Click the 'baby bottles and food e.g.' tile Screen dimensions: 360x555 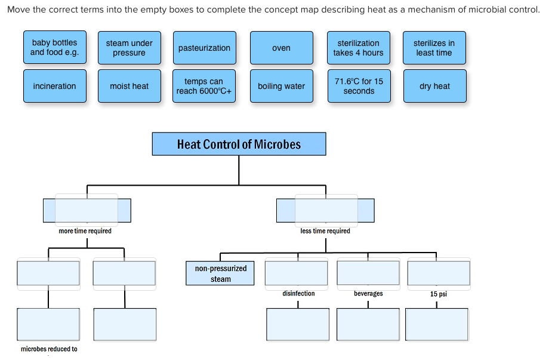pos(54,48)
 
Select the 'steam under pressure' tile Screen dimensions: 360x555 pos(129,48)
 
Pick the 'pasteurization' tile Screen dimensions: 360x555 pos(204,48)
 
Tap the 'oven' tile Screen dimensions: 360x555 pos(281,48)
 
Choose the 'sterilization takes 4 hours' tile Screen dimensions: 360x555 pos(358,48)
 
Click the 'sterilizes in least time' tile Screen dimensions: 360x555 pos(434,48)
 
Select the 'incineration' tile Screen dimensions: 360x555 pos(54,86)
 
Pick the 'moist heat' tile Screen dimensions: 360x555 pos(129,86)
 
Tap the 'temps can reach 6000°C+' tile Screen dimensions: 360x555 pos(204,86)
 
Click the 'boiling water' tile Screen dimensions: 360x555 pos(281,86)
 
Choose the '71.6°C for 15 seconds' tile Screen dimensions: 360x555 pos(359,86)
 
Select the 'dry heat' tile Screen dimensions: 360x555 pos(434,86)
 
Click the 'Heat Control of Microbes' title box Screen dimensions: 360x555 pos(239,144)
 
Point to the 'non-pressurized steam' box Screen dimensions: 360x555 pos(220,273)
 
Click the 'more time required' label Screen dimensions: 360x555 pos(85,231)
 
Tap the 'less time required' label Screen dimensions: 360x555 pos(325,231)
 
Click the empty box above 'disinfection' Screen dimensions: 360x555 pos(296,273)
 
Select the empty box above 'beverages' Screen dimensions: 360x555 pos(368,273)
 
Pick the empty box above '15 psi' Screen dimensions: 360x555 pos(439,273)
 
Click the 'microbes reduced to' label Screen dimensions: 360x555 pos(49,349)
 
